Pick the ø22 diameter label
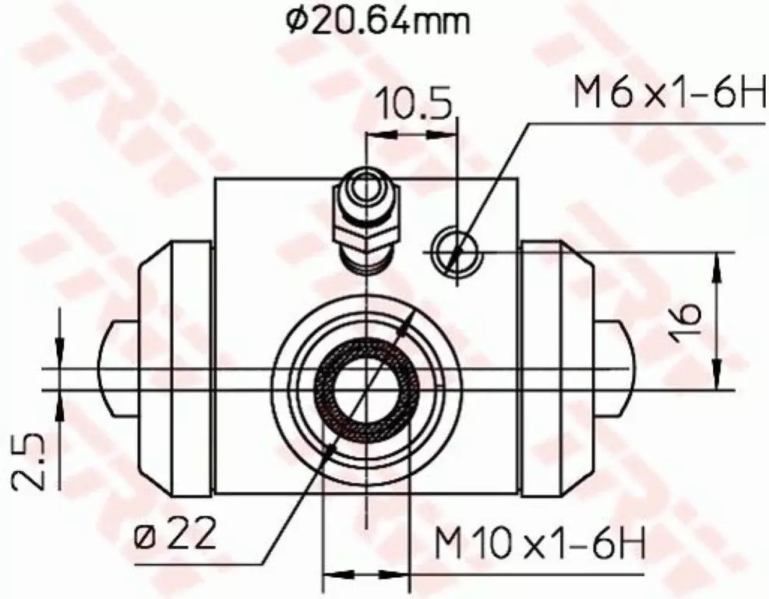tap(175, 534)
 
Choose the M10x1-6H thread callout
tap(540, 543)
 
